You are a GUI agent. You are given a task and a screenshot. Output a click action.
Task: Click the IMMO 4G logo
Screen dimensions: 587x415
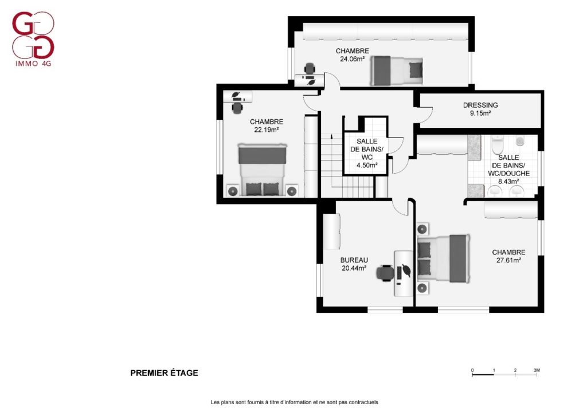pos(33,39)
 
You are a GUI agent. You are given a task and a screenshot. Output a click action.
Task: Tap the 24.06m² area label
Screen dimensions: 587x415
pos(353,58)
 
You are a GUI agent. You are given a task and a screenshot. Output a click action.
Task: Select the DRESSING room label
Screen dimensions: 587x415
pos(480,105)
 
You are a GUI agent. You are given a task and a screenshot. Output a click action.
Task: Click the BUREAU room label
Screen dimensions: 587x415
pos(354,260)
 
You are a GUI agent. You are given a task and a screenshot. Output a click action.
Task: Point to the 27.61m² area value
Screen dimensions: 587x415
pos(509,260)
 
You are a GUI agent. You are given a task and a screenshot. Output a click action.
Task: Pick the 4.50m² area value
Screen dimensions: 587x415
pos(367,165)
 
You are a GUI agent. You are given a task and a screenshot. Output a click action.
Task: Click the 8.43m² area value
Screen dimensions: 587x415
pos(508,182)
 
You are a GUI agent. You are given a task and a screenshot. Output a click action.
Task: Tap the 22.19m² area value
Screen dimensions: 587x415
pos(266,130)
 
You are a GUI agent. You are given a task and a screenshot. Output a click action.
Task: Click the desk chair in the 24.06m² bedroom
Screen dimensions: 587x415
pos(310,68)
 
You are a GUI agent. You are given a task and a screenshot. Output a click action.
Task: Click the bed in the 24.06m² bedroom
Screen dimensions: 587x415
pos(397,71)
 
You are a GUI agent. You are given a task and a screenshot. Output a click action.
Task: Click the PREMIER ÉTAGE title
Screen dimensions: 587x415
pos(164,373)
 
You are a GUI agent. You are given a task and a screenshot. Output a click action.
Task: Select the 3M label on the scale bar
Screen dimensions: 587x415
pos(537,370)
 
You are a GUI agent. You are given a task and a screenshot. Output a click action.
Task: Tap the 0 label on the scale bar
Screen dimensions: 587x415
pos(472,370)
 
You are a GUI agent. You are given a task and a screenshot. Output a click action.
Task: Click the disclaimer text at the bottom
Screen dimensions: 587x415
pos(294,402)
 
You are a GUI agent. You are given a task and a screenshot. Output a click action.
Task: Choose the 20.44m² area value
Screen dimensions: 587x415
pos(354,268)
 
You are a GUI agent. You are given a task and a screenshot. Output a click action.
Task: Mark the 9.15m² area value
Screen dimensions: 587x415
pos(480,113)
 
